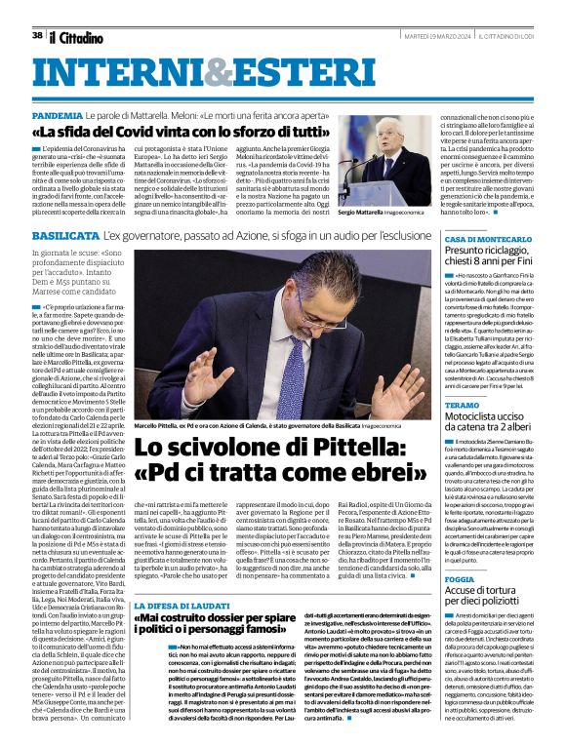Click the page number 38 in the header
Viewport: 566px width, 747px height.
coord(37,35)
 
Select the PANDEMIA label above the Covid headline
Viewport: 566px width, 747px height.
coord(57,115)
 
